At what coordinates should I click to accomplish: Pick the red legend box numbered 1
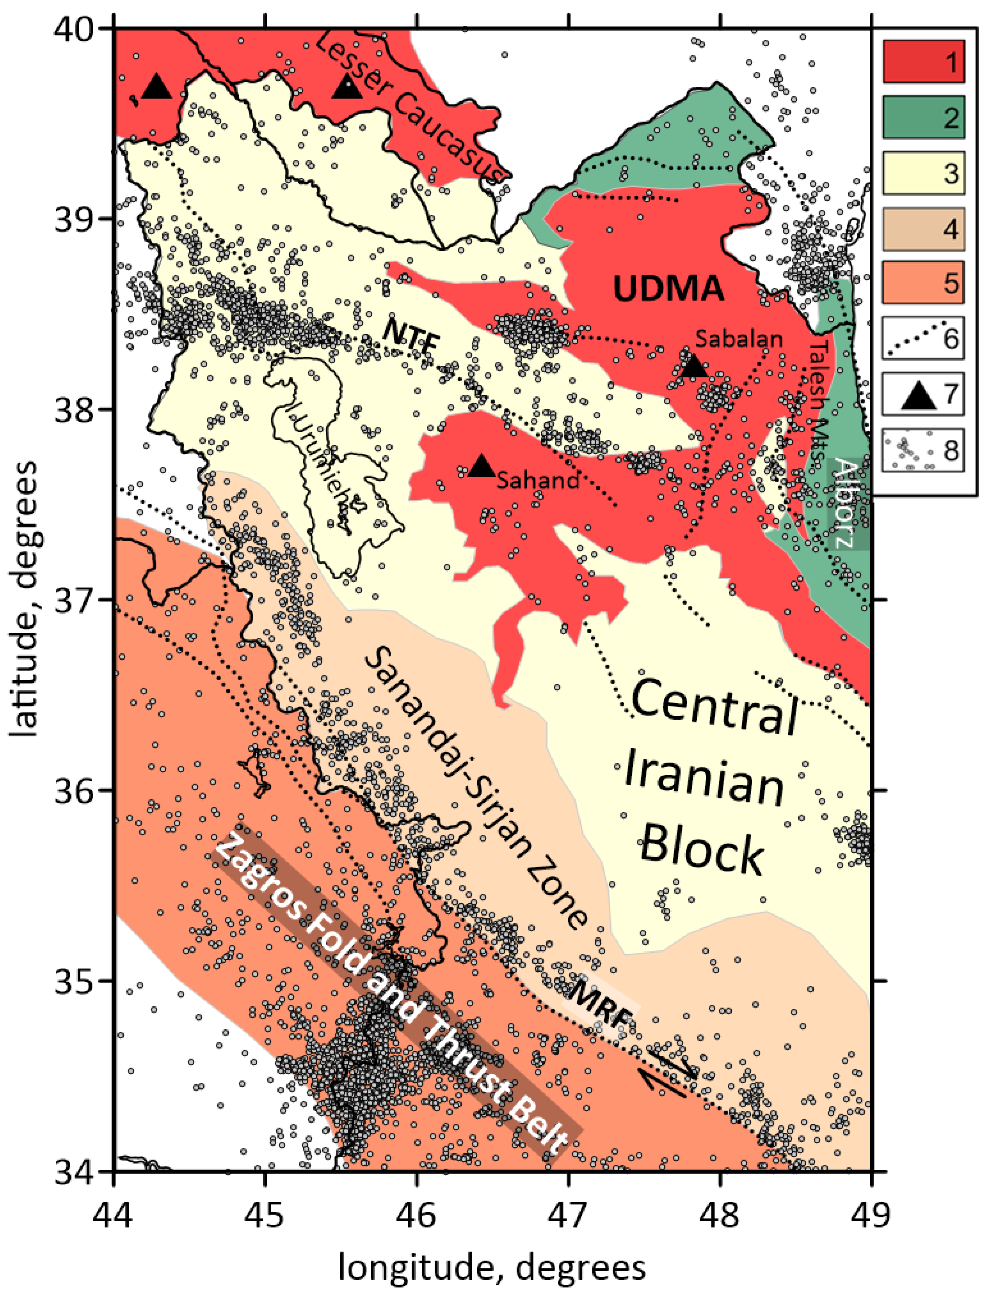tap(923, 61)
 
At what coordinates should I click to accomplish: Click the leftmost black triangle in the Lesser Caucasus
tap(157, 87)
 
